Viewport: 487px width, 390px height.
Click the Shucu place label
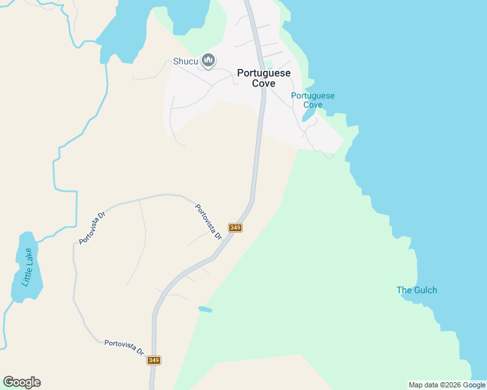point(185,62)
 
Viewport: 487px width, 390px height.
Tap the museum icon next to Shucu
point(208,61)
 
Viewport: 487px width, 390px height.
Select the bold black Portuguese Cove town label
point(264,78)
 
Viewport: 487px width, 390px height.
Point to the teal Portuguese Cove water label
point(313,100)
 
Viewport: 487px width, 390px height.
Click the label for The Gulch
point(417,290)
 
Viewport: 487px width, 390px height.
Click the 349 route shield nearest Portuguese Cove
point(235,227)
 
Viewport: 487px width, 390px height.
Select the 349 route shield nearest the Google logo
point(154,360)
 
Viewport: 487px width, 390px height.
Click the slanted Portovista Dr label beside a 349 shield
point(209,222)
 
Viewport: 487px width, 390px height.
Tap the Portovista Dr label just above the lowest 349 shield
point(124,346)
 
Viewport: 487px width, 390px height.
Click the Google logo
point(21,382)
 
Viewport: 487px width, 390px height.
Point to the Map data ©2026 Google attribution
point(447,385)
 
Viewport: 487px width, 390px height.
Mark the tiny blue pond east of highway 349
point(205,309)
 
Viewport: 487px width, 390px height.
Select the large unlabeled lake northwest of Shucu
point(127,32)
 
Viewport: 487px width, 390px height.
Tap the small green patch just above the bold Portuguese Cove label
point(268,63)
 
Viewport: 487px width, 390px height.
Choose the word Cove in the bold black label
point(264,83)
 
